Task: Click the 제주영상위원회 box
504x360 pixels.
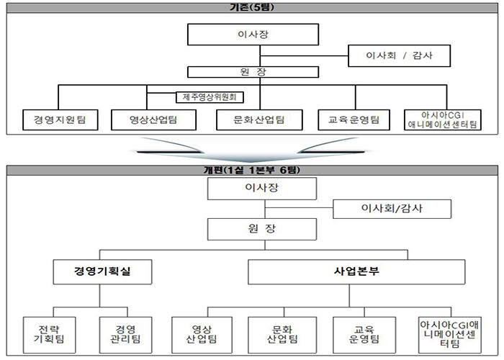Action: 210,97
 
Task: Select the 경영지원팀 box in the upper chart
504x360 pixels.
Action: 60,120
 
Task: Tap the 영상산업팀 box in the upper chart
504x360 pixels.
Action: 153,120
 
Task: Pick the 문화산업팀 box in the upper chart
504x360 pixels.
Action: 259,120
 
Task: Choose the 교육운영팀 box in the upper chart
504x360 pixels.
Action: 354,120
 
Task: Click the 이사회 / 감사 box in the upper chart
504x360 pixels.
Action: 399,56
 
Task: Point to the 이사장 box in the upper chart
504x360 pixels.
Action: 253,35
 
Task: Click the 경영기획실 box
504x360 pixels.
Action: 102,272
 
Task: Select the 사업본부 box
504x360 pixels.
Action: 356,272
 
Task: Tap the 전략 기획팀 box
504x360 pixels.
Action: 49,335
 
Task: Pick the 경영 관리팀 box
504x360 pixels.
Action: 125,335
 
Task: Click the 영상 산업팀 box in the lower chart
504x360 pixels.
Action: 202,335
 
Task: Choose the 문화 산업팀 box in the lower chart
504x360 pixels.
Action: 282,335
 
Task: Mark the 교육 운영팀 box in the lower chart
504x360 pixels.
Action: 364,335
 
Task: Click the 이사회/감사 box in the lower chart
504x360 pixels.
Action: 392,209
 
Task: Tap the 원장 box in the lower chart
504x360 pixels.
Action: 262,229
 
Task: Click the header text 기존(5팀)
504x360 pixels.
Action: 252,7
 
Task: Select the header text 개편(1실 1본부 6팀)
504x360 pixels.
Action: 252,170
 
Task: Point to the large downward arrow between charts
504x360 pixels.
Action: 251,150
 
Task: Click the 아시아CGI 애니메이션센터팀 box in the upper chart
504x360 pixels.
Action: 443,120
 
